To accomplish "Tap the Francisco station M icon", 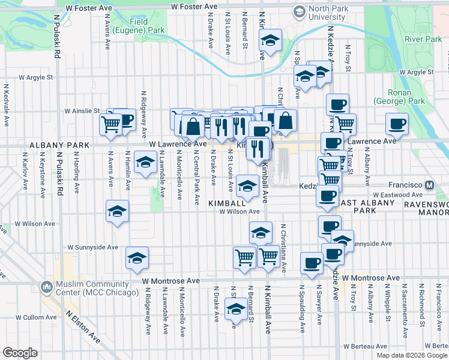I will pos(429,186).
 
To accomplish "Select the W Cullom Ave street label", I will pos(35,317).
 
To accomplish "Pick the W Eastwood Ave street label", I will pos(398,195).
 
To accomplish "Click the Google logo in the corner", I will pos(20,352).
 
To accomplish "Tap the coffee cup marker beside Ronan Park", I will pos(397,124).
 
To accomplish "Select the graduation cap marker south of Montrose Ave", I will pos(235,310).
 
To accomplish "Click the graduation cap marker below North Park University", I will pos(270,41).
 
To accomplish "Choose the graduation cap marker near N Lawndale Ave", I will pos(145,163).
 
